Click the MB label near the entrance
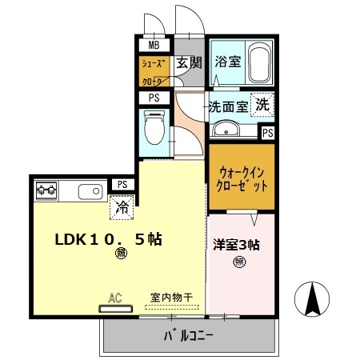pyautogui.click(x=154, y=45)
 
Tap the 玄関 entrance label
pyautogui.click(x=189, y=62)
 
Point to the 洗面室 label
pyautogui.click(x=229, y=106)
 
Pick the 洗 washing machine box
pyautogui.click(x=263, y=104)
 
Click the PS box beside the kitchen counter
pyautogui.click(x=122, y=184)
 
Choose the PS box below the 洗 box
pyautogui.click(x=267, y=133)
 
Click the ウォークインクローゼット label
pyautogui.click(x=242, y=176)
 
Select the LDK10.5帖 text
pyautogui.click(x=108, y=239)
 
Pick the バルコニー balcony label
pyautogui.click(x=189, y=336)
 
